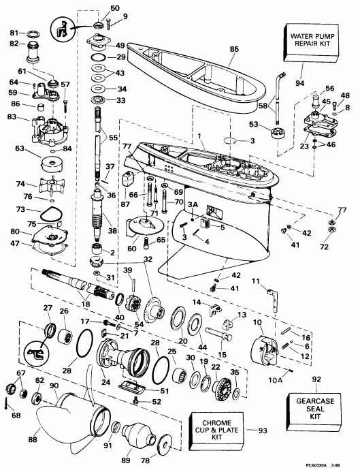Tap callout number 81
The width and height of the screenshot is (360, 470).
tap(13, 32)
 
